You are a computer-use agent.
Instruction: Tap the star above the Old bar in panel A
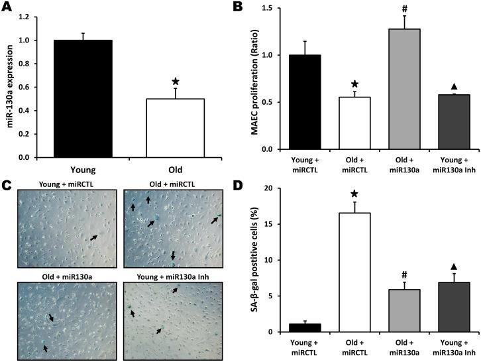coord(175,82)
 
